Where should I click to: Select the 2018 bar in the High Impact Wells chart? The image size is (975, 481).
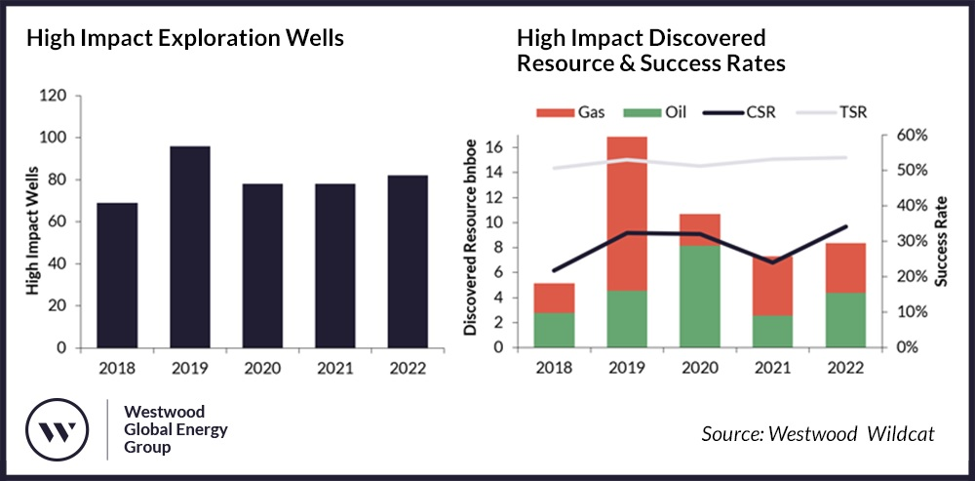click(x=117, y=275)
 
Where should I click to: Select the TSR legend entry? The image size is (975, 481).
click(x=833, y=112)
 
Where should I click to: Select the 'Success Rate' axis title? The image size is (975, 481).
click(x=941, y=241)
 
